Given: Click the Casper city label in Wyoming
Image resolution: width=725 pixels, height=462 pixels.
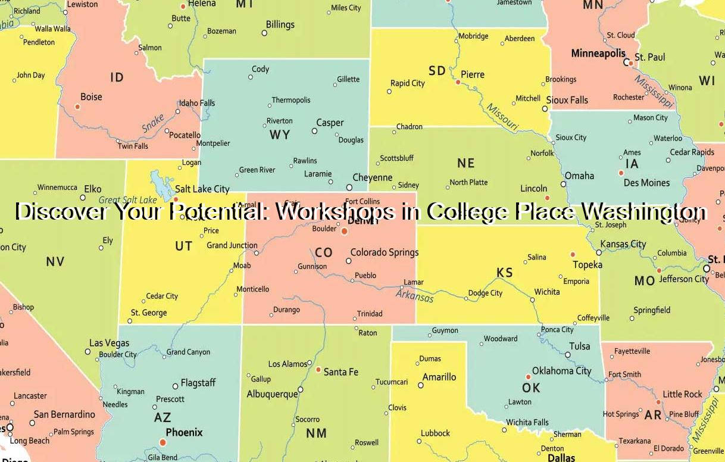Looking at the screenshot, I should [330, 123].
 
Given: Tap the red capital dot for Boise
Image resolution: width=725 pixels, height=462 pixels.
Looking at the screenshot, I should [77, 107].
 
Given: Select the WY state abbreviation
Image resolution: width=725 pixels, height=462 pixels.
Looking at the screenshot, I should [280, 135].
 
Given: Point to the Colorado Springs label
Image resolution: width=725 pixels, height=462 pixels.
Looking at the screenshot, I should [384, 252].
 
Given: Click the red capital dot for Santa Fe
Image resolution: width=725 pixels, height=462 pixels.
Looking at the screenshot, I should [318, 370].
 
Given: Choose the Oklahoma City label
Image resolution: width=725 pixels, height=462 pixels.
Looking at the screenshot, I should [561, 371].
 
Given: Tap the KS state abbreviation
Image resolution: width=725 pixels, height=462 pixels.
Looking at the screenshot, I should [505, 273].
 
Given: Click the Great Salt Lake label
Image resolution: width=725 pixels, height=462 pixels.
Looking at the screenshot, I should [128, 200].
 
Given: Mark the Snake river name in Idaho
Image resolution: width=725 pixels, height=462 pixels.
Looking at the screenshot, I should [153, 124].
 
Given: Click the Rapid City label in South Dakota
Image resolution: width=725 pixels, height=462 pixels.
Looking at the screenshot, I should [408, 83].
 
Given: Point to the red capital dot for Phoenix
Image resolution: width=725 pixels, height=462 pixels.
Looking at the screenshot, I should [162, 442].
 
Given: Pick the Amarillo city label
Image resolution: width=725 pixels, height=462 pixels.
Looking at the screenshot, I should [439, 377].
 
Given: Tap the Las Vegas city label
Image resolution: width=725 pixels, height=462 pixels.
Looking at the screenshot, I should [109, 343].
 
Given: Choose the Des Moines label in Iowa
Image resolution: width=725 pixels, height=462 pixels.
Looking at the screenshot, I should [646, 183].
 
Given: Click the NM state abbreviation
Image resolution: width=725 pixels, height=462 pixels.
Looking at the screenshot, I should [316, 433].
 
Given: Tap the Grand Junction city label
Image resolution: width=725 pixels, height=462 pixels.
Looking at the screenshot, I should [232, 245].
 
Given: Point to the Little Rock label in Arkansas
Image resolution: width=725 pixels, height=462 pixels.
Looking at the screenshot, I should [683, 394].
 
